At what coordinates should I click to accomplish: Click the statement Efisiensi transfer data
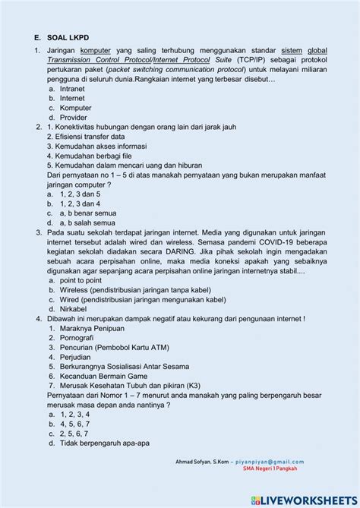pyautogui.click(x=86, y=137)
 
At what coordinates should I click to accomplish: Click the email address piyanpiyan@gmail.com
pyautogui.click(x=270, y=461)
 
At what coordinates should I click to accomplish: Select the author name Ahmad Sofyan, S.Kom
pyautogui.click(x=201, y=461)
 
